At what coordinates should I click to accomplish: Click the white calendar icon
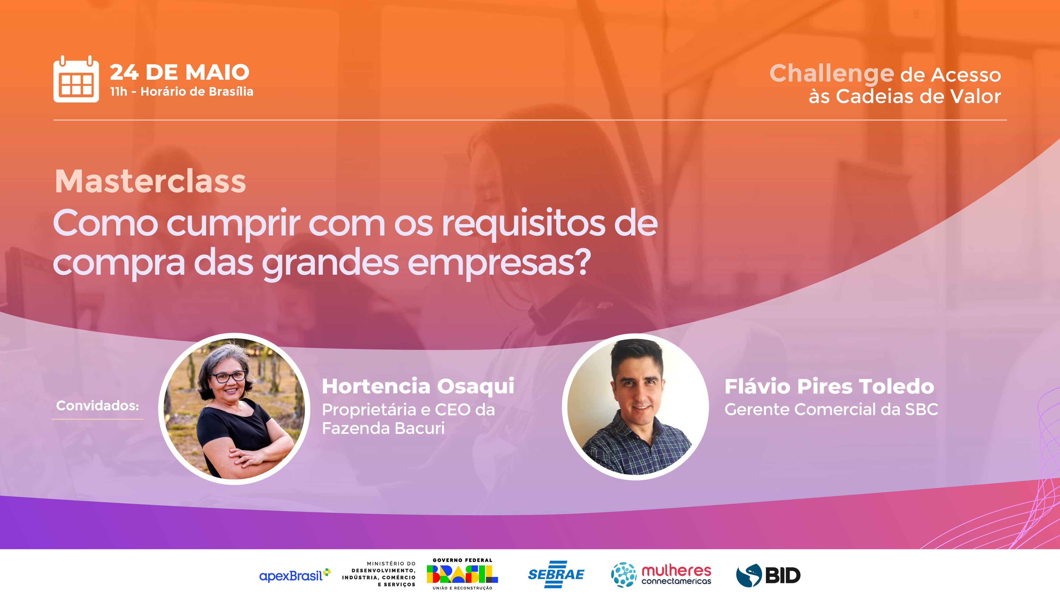pyautogui.click(x=76, y=79)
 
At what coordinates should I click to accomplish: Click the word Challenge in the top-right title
pyautogui.click(x=831, y=74)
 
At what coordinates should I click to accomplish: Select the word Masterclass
pyautogui.click(x=151, y=181)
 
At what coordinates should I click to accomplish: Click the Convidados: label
pyautogui.click(x=98, y=406)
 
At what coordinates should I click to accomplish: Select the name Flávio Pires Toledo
pyautogui.click(x=829, y=387)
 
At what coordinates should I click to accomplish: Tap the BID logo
pyautogui.click(x=768, y=575)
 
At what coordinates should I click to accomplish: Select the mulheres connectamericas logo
pyautogui.click(x=661, y=575)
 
